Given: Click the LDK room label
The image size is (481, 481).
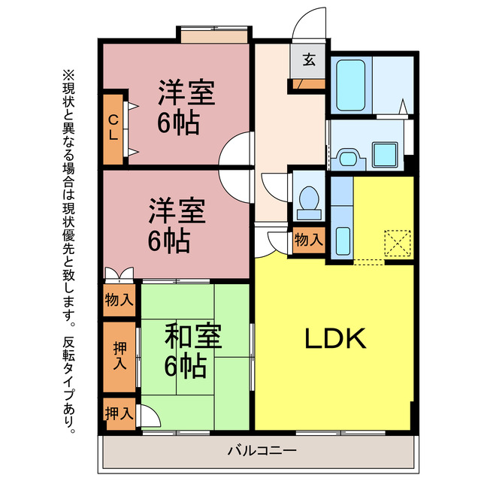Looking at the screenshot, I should (x=335, y=340).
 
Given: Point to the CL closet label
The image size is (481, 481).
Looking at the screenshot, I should (x=113, y=129).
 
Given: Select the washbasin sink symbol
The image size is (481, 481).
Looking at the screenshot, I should (x=348, y=157).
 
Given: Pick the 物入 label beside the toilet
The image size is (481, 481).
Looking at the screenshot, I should (x=308, y=240).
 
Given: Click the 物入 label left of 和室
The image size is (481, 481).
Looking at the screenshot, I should (x=119, y=300).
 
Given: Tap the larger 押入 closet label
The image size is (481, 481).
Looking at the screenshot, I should (x=119, y=357).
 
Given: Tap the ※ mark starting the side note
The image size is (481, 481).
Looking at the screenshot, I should (x=68, y=75).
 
